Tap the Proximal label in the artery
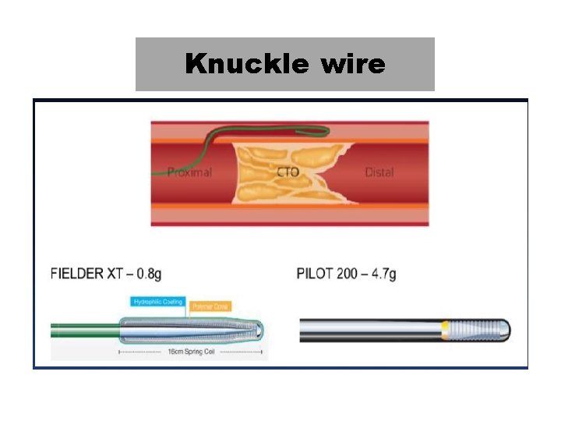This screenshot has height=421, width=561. (189, 172)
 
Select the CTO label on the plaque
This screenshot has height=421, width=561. (288, 172)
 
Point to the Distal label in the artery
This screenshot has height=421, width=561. (379, 172)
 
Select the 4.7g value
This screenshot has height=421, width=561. (383, 274)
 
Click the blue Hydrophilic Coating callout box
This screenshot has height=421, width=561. (158, 302)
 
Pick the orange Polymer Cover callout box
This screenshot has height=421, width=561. (210, 306)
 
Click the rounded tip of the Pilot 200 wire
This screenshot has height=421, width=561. (506, 331)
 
